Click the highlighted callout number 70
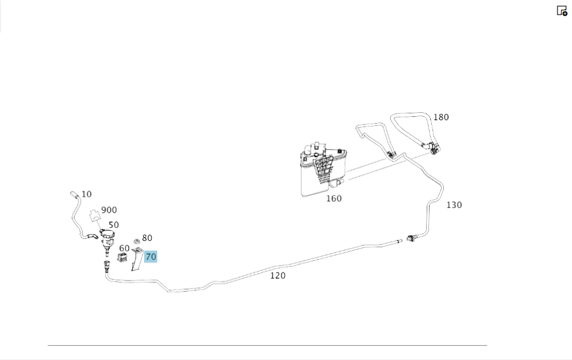pyautogui.click(x=150, y=257)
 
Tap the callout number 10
pyautogui.click(x=86, y=194)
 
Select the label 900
pyautogui.click(x=109, y=210)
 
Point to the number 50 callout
pyautogui.click(x=113, y=225)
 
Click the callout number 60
pyautogui.click(x=124, y=248)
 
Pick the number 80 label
pyautogui.click(x=147, y=238)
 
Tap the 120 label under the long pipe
pyautogui.click(x=277, y=275)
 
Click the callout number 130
pyautogui.click(x=454, y=205)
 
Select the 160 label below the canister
pyautogui.click(x=333, y=199)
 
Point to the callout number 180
pyautogui.click(x=440, y=117)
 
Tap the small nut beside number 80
pyautogui.click(x=137, y=240)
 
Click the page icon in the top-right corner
pyautogui.click(x=562, y=10)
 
